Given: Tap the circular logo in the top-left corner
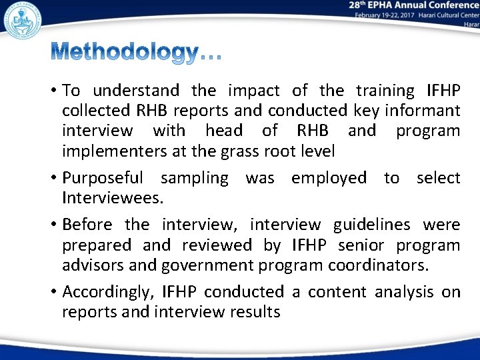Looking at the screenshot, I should coord(21,19).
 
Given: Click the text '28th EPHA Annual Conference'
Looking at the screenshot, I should coord(413,5).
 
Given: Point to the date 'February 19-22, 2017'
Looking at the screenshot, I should coord(384,14).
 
